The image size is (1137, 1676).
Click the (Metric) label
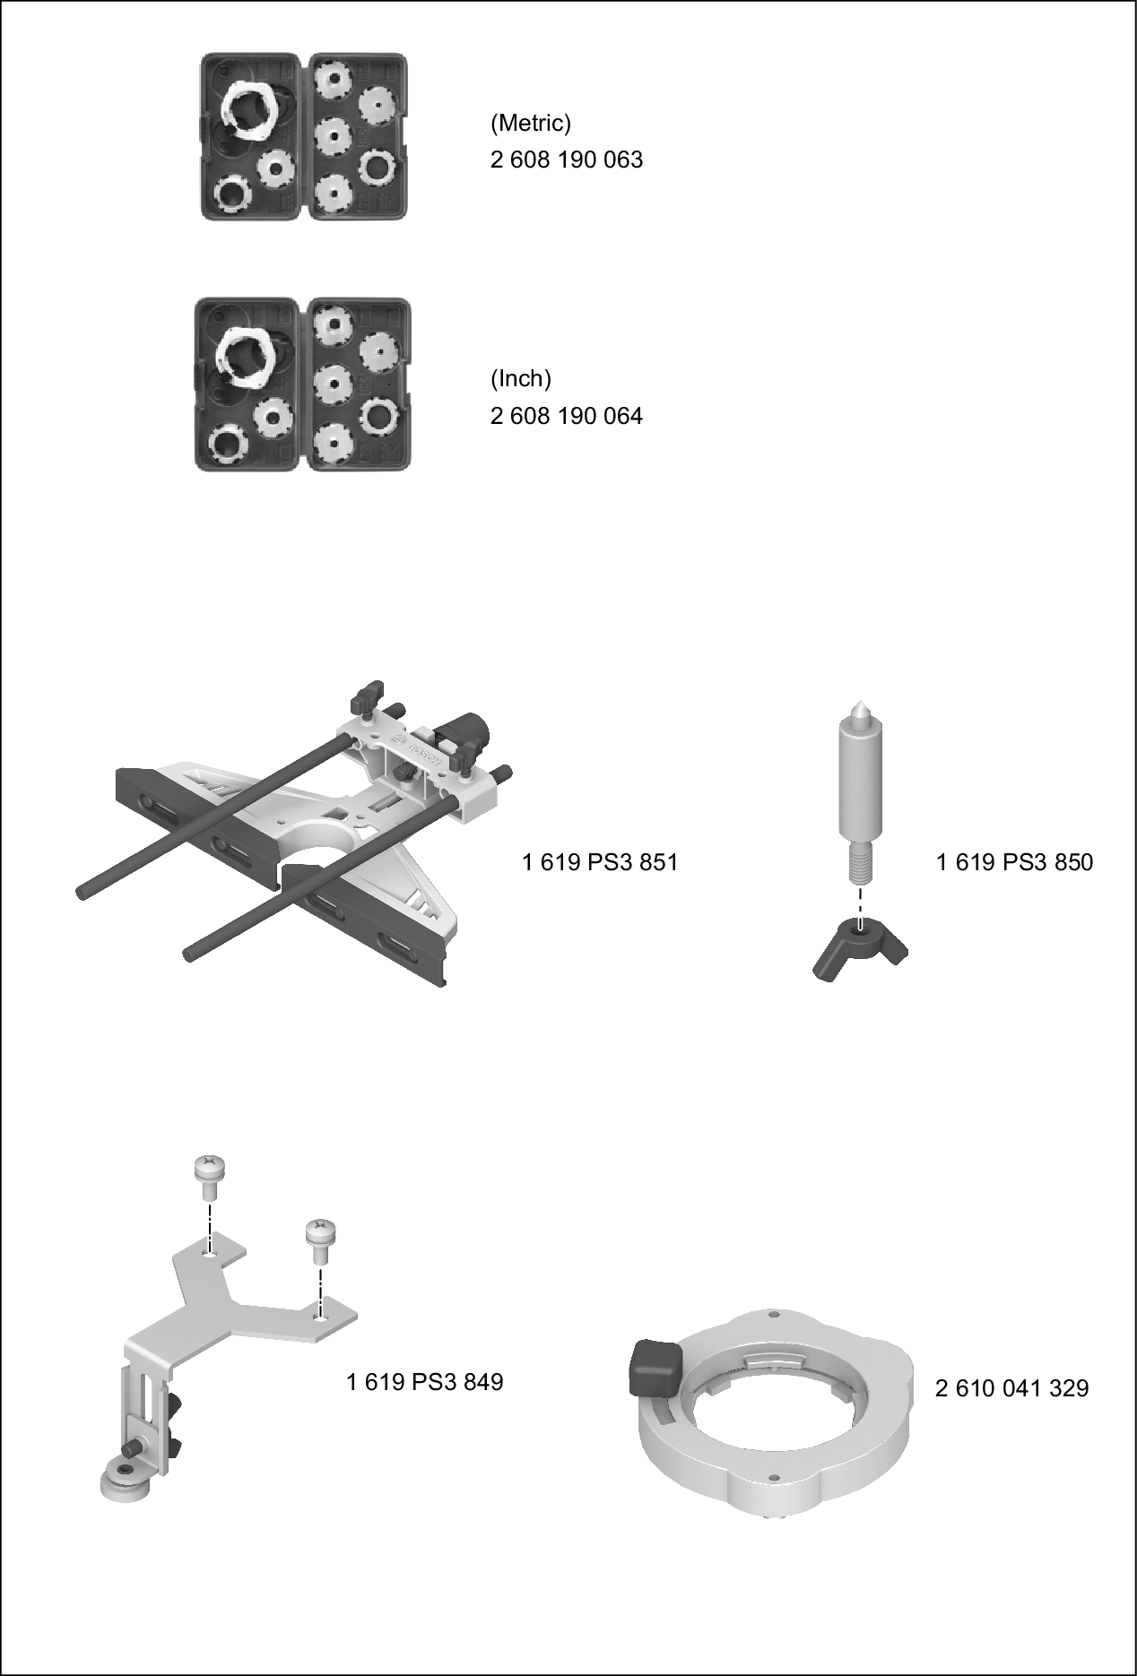530,122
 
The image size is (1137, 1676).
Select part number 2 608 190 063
566,160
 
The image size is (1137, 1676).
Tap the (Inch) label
520,378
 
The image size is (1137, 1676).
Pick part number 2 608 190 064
566,416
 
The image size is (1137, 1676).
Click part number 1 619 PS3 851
600,862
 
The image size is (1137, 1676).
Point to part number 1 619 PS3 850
1014,862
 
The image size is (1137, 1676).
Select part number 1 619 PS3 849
424,1382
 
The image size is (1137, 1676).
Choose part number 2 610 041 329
1011,1388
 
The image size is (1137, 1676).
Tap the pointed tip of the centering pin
859,704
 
